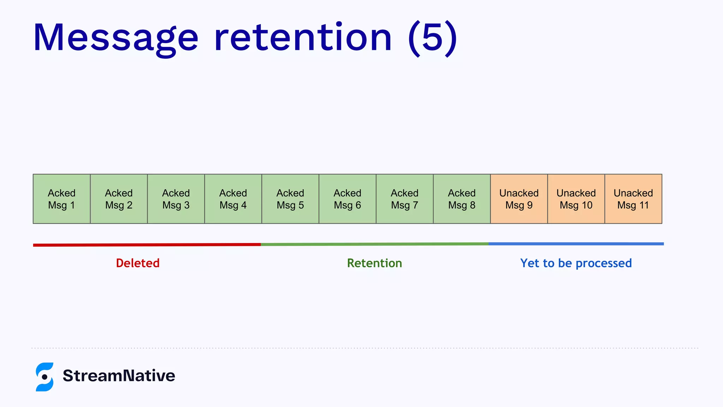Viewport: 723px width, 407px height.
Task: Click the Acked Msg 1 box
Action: pos(62,199)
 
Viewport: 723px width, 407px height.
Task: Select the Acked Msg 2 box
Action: pos(119,199)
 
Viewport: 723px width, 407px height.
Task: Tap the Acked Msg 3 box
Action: pos(176,199)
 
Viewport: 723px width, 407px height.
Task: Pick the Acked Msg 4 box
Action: pos(233,199)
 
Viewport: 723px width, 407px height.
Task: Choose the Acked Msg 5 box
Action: pos(291,199)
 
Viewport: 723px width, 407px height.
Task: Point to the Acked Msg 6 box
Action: pos(348,199)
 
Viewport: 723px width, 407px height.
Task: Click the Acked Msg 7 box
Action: pos(405,199)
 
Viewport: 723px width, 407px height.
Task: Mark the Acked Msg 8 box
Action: pos(462,199)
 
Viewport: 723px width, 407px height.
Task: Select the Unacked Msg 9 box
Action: pos(519,199)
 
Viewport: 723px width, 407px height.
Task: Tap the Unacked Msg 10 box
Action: pos(576,199)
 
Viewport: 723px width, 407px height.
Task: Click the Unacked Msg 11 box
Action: pos(633,199)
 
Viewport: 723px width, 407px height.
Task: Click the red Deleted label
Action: pos(138,263)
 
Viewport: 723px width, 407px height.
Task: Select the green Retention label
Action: pos(375,263)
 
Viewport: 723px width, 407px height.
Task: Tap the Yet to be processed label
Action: pos(576,263)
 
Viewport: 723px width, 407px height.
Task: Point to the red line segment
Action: pos(147,245)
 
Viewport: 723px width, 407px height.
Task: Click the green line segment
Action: pos(374,244)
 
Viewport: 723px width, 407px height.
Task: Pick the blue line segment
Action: pos(576,244)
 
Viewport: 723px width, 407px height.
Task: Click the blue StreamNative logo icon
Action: pos(45,377)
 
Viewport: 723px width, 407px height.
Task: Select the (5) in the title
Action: pos(432,38)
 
